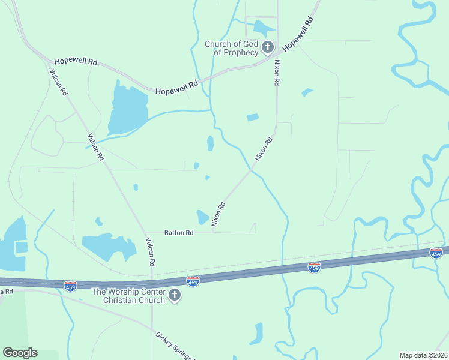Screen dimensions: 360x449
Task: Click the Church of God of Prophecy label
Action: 232,48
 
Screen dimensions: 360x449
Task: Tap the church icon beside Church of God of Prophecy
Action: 268,47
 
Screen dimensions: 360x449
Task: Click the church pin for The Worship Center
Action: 175,295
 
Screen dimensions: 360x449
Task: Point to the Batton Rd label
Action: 179,232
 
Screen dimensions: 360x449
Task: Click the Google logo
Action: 20,353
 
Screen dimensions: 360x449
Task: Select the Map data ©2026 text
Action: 423,355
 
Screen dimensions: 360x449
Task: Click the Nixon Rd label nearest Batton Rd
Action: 218,214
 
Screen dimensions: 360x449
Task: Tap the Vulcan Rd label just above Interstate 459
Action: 151,251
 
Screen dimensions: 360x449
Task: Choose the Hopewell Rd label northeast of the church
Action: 298,34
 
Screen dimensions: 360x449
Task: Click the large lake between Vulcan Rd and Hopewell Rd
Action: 128,108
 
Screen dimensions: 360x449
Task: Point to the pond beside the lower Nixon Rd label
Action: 203,217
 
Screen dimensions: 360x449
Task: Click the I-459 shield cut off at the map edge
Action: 436,253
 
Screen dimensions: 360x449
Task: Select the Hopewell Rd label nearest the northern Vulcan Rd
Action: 76,62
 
